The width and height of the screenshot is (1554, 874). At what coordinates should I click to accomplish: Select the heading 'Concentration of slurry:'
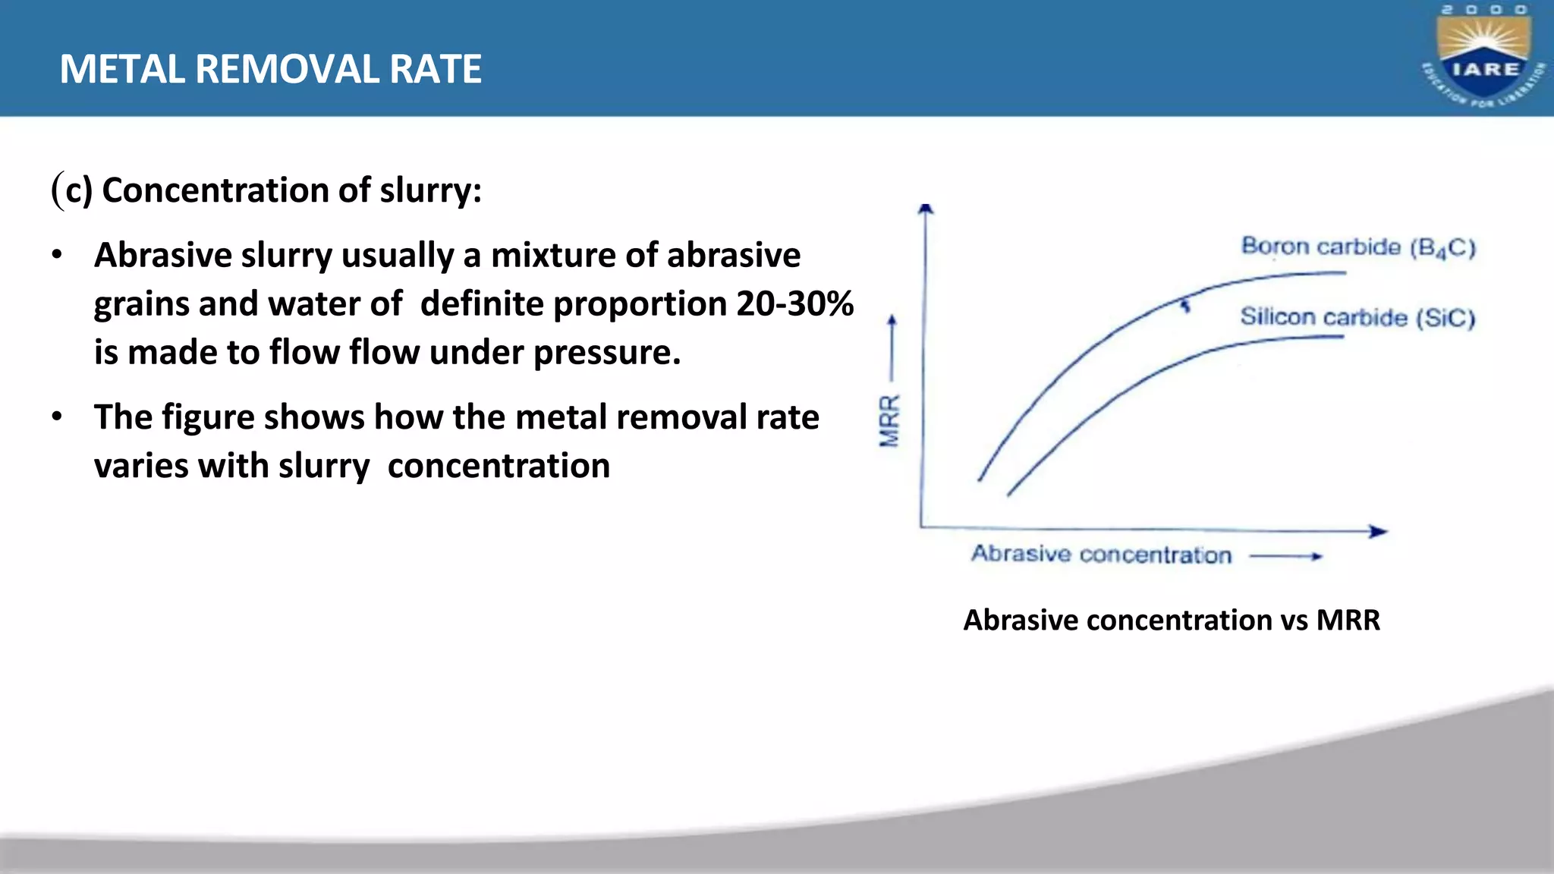tap(291, 190)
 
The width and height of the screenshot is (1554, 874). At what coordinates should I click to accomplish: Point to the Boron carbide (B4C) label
tap(1357, 247)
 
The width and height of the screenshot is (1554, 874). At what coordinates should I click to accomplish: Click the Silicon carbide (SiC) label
tap(1357, 317)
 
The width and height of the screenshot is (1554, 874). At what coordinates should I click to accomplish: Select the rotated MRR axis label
tap(889, 421)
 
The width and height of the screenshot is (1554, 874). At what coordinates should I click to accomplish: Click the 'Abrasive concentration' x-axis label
tap(1101, 555)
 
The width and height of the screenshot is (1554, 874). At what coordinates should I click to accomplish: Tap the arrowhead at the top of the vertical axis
tap(925, 209)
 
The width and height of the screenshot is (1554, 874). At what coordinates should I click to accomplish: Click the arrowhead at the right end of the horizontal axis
tap(1380, 531)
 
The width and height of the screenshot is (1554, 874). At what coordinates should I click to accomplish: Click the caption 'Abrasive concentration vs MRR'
tap(1171, 620)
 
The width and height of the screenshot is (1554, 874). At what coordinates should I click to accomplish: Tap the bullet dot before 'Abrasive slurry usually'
tap(57, 255)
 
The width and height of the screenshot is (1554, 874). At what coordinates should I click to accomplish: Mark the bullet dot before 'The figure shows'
tap(57, 417)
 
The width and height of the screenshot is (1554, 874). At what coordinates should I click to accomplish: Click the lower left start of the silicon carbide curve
tap(1010, 494)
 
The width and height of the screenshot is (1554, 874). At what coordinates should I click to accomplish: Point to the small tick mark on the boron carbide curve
tap(1185, 305)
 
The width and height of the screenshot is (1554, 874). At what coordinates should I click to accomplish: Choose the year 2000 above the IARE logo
tap(1484, 10)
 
